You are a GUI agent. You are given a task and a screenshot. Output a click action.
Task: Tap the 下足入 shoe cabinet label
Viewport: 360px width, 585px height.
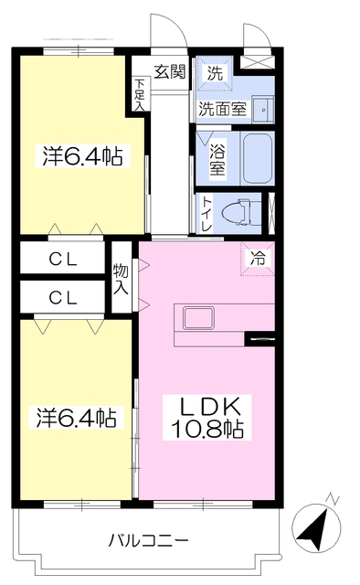tap(140, 95)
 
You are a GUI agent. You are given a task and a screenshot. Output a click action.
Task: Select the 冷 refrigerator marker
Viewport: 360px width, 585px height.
tap(259, 259)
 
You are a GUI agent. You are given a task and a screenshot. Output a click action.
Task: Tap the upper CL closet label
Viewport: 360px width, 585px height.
tap(62, 260)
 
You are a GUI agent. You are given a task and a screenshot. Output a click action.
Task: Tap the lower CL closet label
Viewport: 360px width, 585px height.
tap(62, 297)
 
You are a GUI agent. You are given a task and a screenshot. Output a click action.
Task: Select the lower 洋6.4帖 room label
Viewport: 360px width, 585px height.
tap(77, 420)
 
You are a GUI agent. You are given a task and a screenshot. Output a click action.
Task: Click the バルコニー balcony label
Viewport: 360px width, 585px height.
tap(148, 540)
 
